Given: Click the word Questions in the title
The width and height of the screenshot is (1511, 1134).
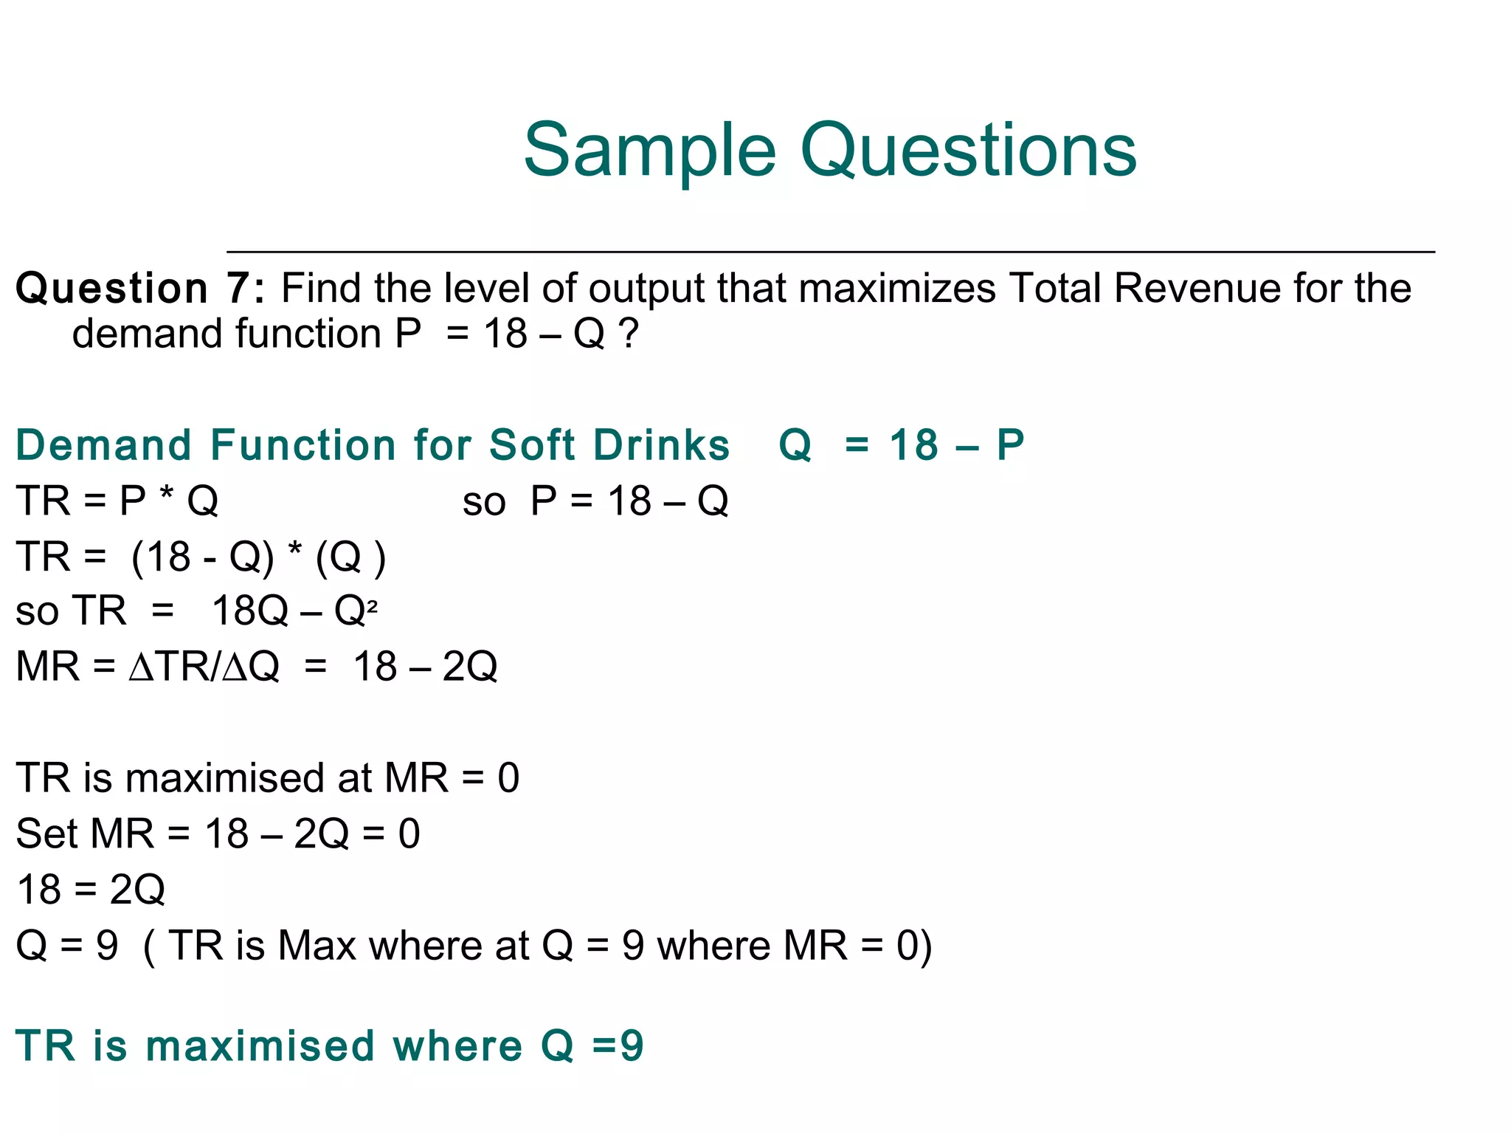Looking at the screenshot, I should tap(968, 151).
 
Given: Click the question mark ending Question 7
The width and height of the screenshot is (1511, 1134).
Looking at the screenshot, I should tap(629, 334).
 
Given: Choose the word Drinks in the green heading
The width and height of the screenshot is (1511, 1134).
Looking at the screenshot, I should tap(661, 445).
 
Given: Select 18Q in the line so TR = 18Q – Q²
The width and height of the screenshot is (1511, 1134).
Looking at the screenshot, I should tap(249, 611).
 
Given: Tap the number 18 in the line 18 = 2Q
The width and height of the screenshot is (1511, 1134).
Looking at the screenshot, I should tap(39, 890).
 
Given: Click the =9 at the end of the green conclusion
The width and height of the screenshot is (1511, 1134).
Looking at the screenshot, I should tap(618, 1046).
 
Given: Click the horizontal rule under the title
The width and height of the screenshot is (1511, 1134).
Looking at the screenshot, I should tap(830, 252).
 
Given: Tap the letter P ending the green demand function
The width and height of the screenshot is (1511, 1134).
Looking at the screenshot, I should tap(1010, 445).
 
